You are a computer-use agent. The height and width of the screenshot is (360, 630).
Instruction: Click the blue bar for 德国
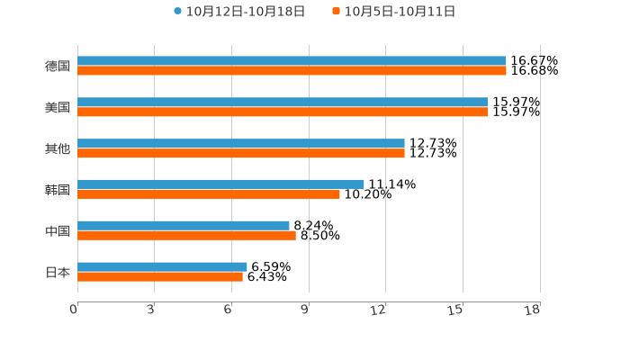292,61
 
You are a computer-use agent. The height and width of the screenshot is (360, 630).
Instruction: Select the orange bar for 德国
292,71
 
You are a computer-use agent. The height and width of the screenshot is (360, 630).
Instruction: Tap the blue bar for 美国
283,103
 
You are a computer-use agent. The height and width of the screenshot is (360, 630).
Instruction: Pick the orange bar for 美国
283,112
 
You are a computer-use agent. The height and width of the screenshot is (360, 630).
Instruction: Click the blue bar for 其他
241,143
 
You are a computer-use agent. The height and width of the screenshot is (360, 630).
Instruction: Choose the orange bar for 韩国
209,194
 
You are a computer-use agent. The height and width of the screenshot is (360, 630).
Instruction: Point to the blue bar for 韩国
220,184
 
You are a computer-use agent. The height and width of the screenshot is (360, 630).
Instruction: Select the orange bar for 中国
186,236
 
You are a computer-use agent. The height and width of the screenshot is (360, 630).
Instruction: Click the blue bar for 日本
162,266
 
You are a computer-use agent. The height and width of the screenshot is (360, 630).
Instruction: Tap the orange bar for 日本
160,276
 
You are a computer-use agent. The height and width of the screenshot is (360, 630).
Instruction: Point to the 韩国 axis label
58,190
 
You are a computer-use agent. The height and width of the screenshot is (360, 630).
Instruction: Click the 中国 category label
58,231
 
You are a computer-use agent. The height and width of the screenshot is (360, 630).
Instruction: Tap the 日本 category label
58,272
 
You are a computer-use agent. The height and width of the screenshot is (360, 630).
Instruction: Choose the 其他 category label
58,148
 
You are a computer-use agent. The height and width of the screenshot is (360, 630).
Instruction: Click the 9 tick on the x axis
305,310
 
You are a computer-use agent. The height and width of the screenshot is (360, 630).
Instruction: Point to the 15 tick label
456,310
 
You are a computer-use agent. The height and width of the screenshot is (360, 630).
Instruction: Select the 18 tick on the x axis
533,310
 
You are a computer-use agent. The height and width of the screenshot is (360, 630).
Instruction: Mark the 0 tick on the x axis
74,310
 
